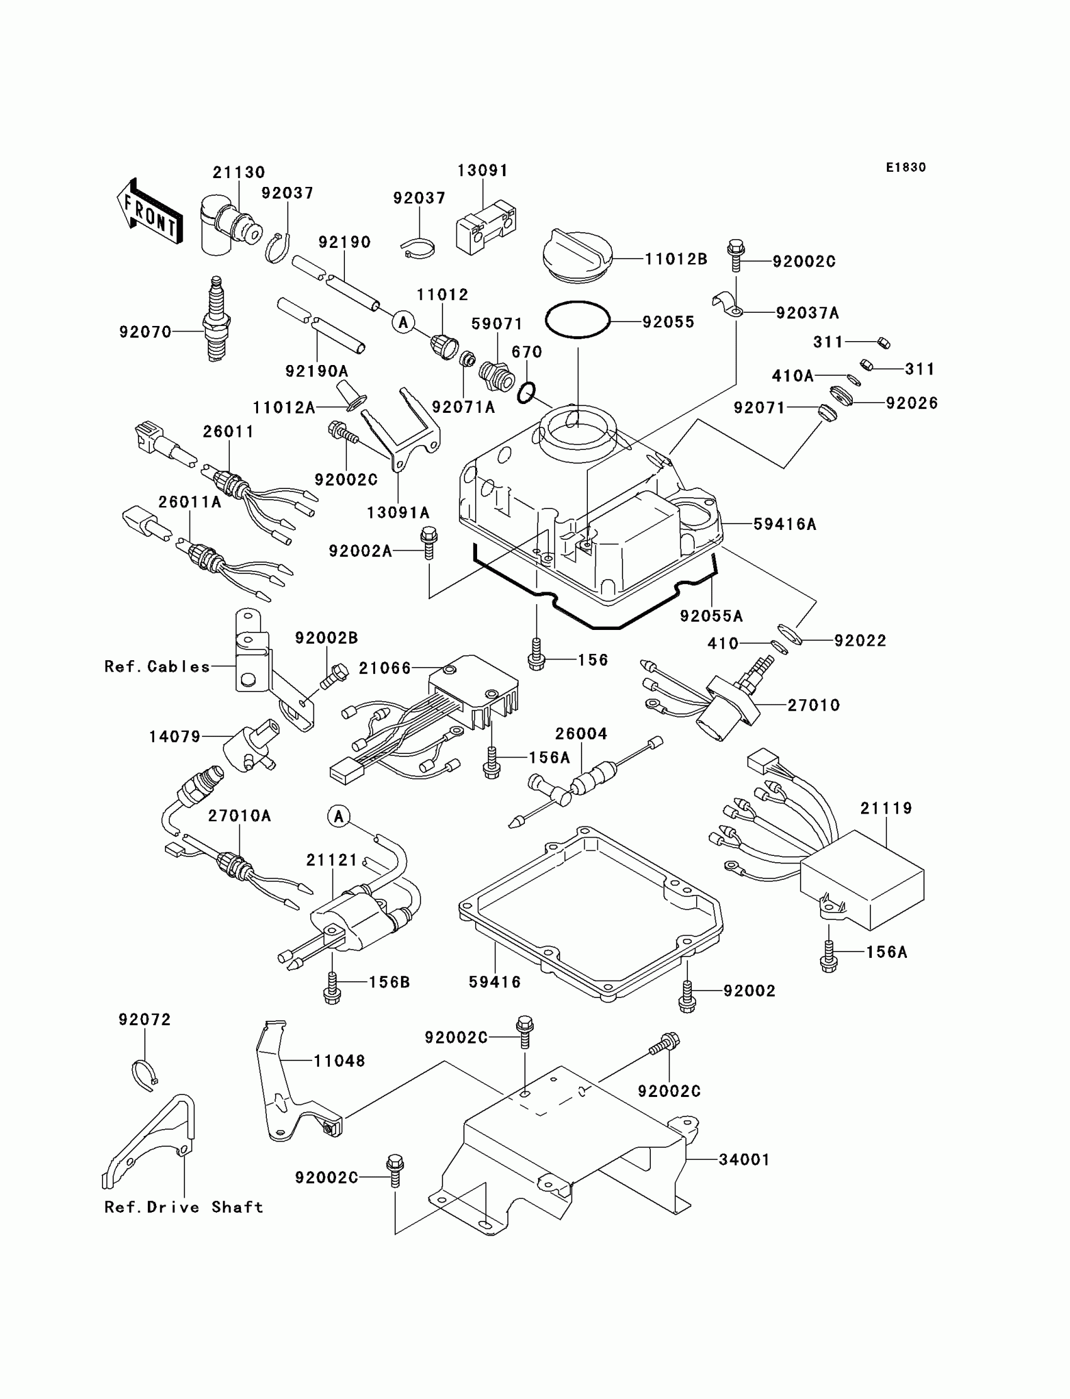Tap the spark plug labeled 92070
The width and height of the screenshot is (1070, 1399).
coord(217,320)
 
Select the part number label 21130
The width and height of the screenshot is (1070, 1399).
coord(239,172)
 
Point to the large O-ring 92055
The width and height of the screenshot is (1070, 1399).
coord(578,319)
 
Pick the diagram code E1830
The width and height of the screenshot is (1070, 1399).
coord(906,167)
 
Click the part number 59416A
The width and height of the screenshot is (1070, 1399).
coord(785,524)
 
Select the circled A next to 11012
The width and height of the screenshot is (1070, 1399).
coord(403,322)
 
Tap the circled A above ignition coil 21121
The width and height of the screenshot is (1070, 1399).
coord(339,816)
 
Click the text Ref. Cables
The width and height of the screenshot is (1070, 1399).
coord(157,666)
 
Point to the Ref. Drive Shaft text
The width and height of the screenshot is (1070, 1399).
coord(183,1207)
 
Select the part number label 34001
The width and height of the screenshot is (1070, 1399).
coord(745,1160)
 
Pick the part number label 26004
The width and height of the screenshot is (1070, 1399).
coord(581,734)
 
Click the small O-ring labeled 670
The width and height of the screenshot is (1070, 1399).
coord(526,392)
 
